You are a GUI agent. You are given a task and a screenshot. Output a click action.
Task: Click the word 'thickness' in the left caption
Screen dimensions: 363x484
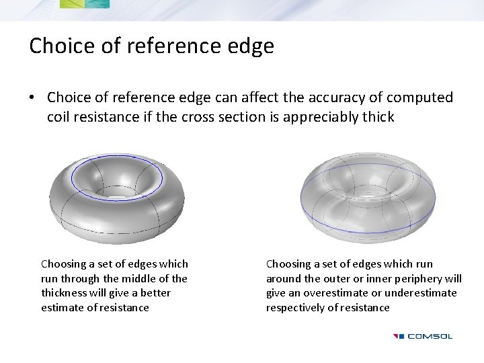pyautogui.click(x=65, y=293)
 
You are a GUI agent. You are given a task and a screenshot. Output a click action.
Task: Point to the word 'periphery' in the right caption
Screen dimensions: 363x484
pyautogui.click(x=419, y=278)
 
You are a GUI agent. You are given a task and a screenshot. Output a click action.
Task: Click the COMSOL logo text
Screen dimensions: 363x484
pyautogui.click(x=430, y=336)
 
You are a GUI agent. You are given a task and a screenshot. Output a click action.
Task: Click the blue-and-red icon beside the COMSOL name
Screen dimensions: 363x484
pyautogui.click(x=399, y=336)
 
